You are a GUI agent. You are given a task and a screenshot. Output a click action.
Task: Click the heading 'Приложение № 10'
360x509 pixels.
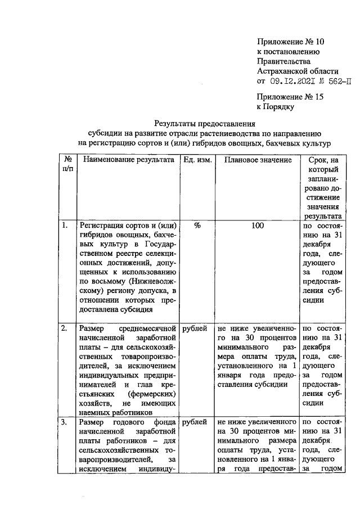291,42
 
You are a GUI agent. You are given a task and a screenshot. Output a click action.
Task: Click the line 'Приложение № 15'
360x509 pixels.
291,96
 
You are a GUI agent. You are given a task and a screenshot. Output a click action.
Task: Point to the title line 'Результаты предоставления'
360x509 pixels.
205,123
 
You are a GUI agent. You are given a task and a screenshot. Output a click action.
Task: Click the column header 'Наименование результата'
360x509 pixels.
129,160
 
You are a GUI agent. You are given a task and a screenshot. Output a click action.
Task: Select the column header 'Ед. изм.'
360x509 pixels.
197,160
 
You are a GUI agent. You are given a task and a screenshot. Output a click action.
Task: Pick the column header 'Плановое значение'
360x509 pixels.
258,160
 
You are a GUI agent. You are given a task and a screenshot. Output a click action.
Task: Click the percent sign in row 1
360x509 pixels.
197,226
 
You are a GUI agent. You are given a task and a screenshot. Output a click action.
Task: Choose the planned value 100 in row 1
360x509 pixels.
258,226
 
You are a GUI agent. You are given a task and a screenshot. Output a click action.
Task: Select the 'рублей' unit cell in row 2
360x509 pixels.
195,327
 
